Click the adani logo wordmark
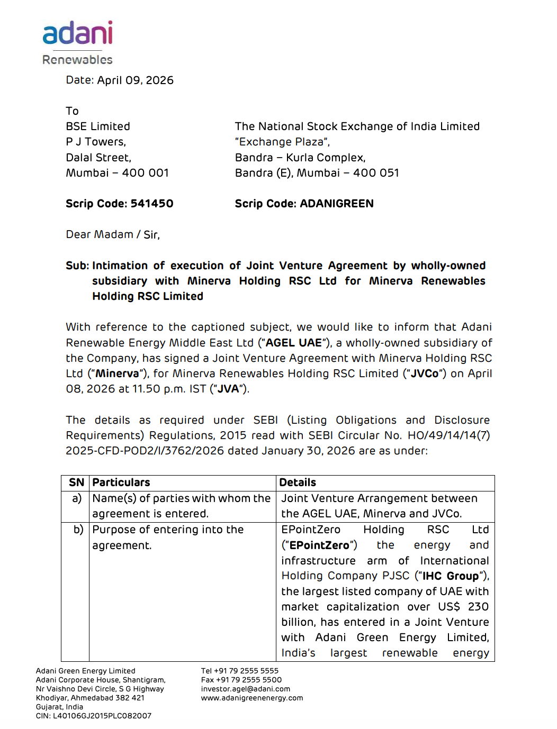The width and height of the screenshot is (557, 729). (x=77, y=33)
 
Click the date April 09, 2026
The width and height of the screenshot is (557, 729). (x=135, y=80)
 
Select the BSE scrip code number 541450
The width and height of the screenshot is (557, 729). (x=152, y=204)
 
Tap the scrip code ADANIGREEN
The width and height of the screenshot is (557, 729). (x=337, y=204)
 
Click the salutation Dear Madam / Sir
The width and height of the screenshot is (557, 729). (x=113, y=234)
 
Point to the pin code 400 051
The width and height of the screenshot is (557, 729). (x=376, y=173)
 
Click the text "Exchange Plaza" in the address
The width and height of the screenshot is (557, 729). (x=281, y=142)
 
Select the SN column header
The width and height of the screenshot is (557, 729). (x=76, y=482)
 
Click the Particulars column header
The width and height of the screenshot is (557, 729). (x=121, y=482)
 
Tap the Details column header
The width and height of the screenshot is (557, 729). (x=298, y=482)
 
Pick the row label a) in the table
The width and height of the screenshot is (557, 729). (x=77, y=498)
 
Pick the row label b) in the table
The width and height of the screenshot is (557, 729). (x=78, y=530)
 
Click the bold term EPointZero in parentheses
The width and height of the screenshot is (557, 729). (x=319, y=545)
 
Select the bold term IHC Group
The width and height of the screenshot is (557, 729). (x=451, y=576)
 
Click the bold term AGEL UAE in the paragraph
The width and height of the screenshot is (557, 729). (x=293, y=343)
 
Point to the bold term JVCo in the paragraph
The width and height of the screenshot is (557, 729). (x=425, y=373)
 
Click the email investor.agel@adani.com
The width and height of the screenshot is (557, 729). (x=246, y=689)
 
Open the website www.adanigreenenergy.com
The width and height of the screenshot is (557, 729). (x=252, y=698)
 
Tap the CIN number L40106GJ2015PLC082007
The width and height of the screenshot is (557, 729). (x=102, y=716)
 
